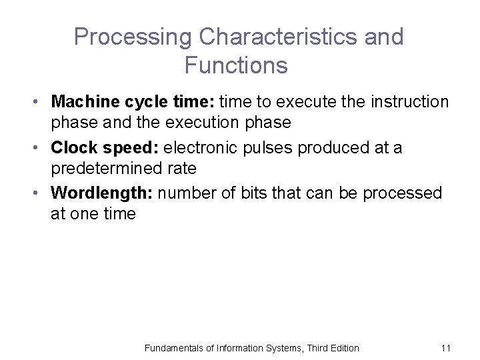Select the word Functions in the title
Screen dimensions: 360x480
point(236,65)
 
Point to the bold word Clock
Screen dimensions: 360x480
point(74,147)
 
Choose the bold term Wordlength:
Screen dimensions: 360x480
point(103,193)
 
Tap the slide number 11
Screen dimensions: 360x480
point(446,348)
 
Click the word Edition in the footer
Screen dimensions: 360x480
point(342,348)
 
